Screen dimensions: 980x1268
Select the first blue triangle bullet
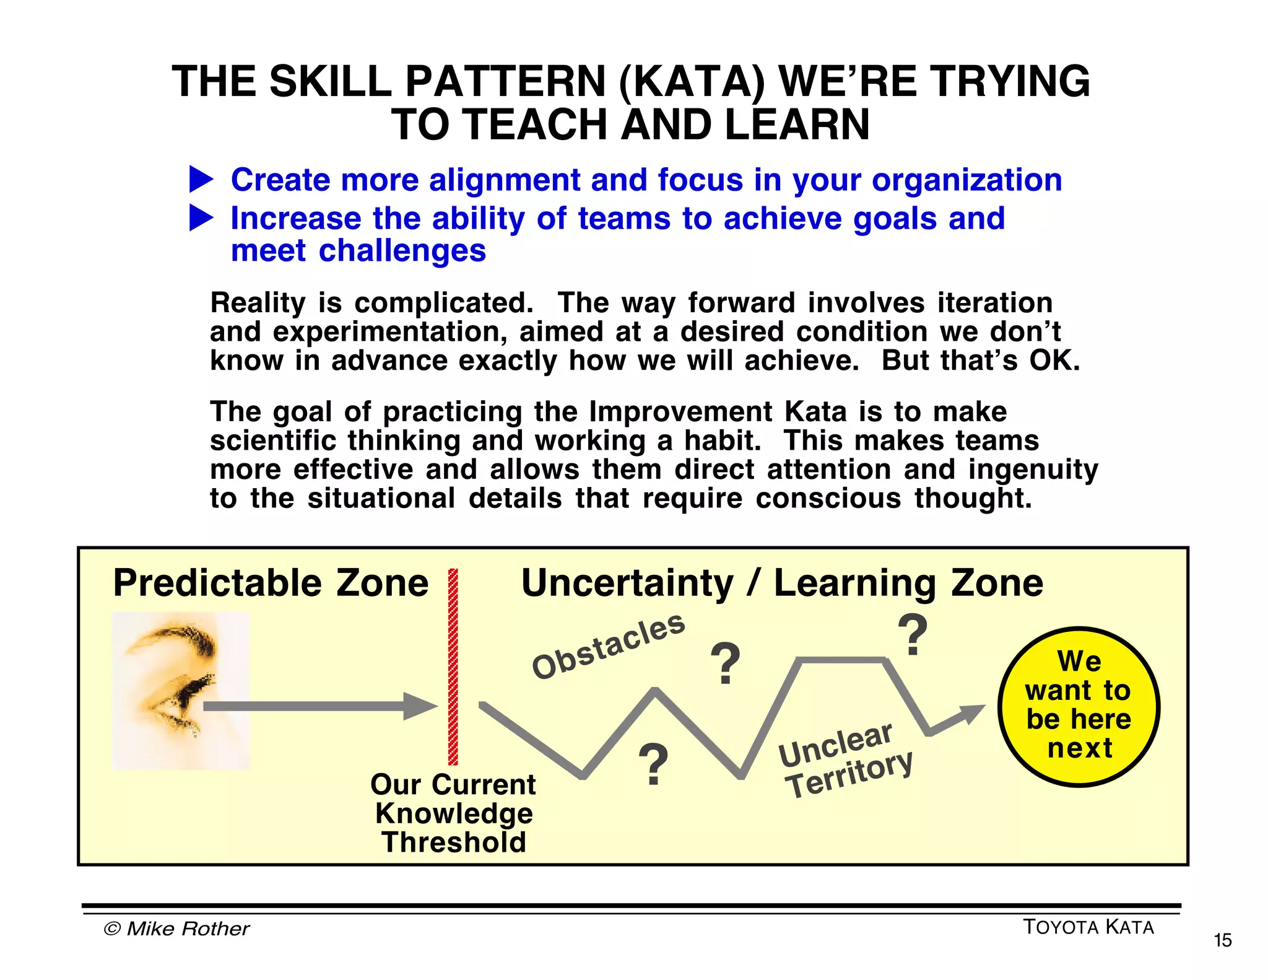200,179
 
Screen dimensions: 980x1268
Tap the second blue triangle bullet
200,218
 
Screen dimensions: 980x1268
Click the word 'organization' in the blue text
966,180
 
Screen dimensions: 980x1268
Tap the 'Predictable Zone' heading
271,583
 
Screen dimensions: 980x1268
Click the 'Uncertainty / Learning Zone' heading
782,584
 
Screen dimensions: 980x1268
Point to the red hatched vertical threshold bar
453,667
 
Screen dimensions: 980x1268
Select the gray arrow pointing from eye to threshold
319,706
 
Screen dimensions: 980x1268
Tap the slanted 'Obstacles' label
608,645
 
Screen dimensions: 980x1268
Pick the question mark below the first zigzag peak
653,764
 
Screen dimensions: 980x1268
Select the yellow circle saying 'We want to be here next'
1079,707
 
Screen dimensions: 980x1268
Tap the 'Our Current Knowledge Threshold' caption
453,813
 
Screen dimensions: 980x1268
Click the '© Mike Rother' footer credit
176,929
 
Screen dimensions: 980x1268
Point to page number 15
1222,940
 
